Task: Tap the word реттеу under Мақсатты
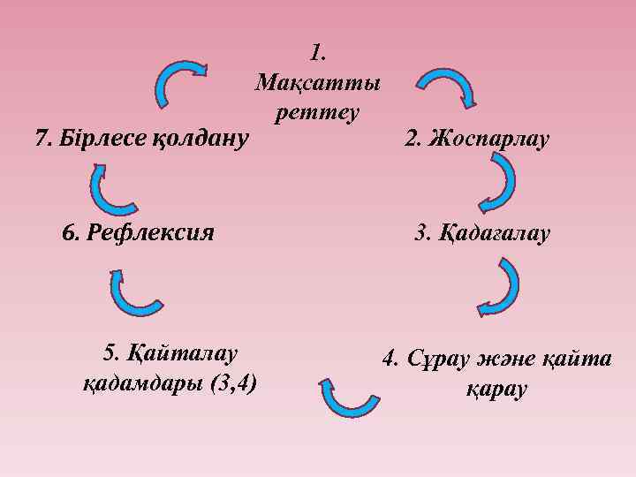pyautogui.click(x=317, y=112)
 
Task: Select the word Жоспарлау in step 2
pyautogui.click(x=488, y=139)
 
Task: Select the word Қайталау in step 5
pyautogui.click(x=183, y=354)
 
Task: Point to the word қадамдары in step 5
pyautogui.click(x=143, y=384)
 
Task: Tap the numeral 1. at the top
pyautogui.click(x=318, y=53)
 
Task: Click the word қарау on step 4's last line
pyautogui.click(x=496, y=390)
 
